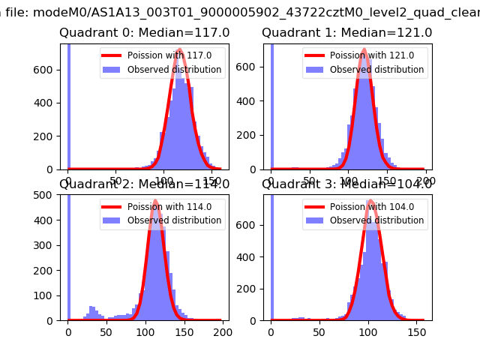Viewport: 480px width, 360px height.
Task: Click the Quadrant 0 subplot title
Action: (145, 33)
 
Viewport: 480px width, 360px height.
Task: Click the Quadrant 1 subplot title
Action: (346, 33)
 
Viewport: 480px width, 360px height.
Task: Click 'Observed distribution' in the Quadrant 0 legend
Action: (174, 70)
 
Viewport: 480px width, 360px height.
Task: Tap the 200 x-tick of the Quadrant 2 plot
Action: (222, 331)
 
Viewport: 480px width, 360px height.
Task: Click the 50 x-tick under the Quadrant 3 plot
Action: (319, 331)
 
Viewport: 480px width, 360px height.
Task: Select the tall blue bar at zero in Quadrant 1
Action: (271, 105)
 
